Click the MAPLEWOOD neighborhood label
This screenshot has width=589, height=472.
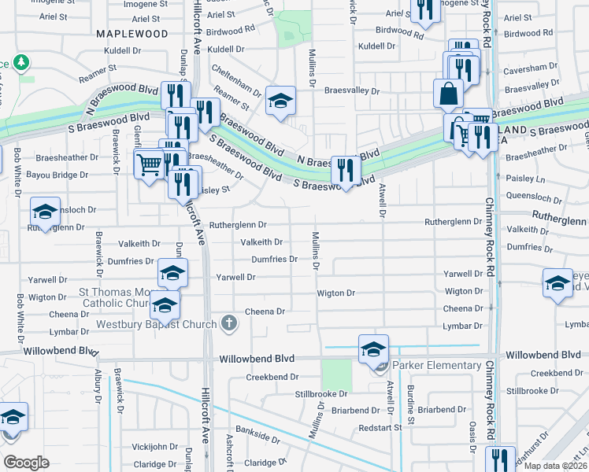[x=132, y=34]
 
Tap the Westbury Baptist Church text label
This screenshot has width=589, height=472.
[x=157, y=323]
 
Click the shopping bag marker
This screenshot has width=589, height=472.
[x=448, y=94]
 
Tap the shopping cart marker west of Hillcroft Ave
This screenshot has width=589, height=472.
[x=149, y=165]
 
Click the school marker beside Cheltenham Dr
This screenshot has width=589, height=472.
[x=280, y=101]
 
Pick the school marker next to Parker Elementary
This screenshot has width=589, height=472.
[x=373, y=348]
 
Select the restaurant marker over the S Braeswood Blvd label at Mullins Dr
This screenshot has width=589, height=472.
[x=346, y=169]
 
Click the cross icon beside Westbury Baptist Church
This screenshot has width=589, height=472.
[x=228, y=323]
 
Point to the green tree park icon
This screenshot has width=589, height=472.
[x=23, y=61]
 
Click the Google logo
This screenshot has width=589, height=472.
[x=26, y=462]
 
